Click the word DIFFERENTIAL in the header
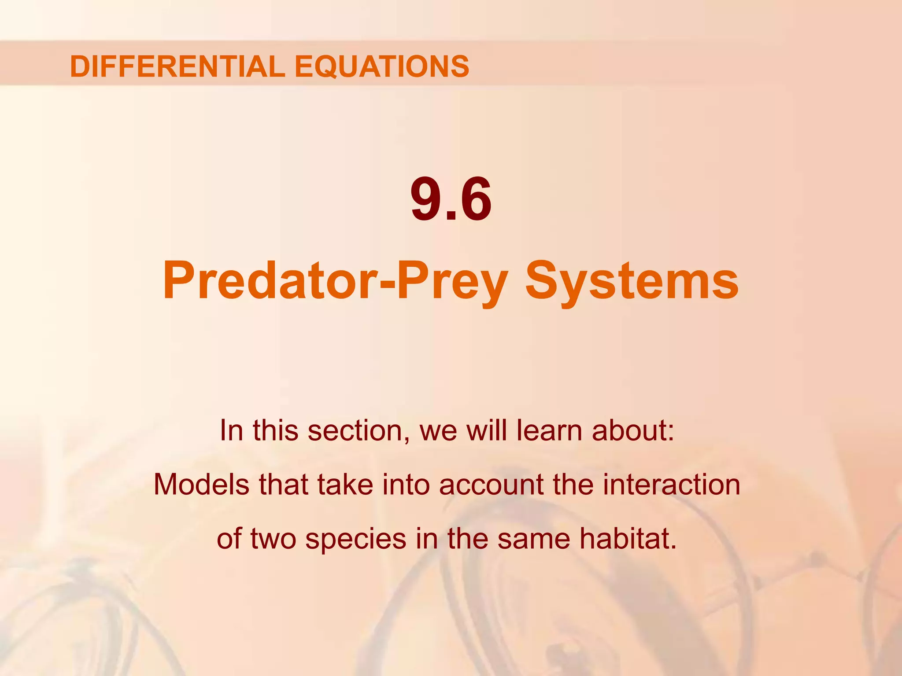click(x=177, y=66)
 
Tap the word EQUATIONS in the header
click(x=381, y=66)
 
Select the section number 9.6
click(x=451, y=200)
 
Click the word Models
click(x=202, y=485)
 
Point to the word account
click(x=491, y=485)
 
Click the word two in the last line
click(x=273, y=539)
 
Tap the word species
click(x=355, y=540)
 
